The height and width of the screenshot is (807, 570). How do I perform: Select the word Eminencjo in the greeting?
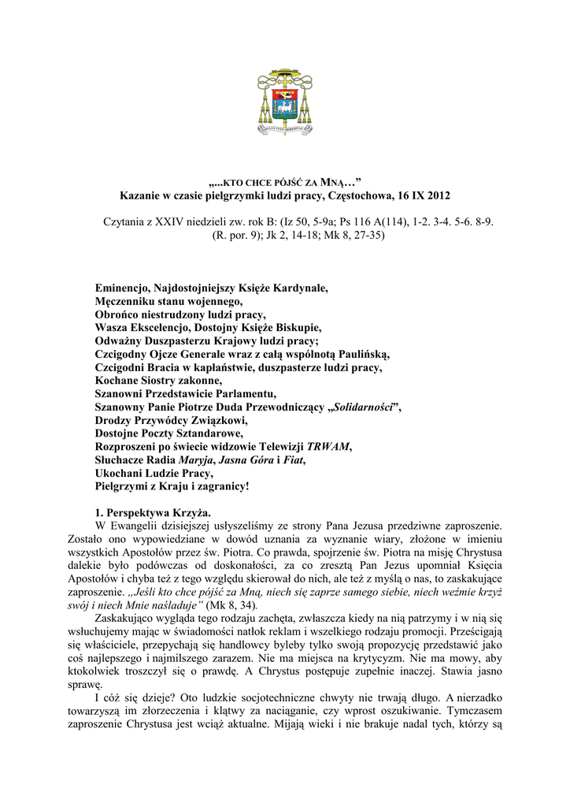pos(125,288)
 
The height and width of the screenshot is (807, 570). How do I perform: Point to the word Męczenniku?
pos(129,301)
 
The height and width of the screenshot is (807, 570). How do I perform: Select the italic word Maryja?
pos(196,459)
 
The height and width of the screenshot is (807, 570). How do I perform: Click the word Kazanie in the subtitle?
pos(140,195)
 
